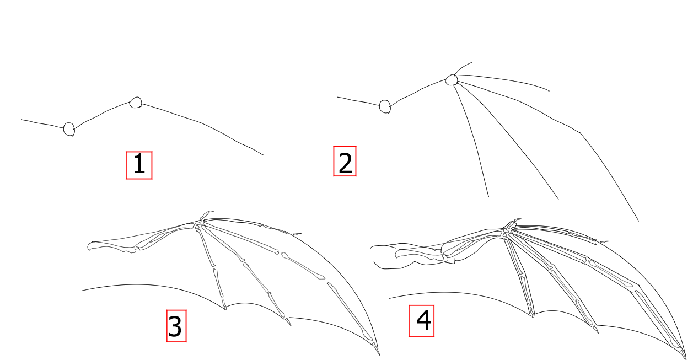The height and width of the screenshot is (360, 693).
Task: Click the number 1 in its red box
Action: pos(139,165)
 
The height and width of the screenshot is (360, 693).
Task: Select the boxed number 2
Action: pos(345,161)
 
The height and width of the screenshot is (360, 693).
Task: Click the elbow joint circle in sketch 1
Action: pos(69,129)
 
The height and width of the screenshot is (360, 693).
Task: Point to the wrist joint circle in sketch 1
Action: pos(136,103)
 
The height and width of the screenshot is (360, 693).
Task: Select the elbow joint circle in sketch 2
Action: pos(385,107)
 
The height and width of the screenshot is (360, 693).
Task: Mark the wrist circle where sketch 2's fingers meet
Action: pos(452,80)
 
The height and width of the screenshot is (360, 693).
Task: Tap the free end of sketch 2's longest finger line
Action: pos(638,221)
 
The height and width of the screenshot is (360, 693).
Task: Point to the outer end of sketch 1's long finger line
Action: pos(264,155)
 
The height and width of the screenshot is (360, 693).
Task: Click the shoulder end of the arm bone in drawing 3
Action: pos(89,246)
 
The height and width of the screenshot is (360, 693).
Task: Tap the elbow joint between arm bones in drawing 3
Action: pos(136,248)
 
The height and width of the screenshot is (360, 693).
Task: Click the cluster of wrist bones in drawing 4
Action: pos(507,232)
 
